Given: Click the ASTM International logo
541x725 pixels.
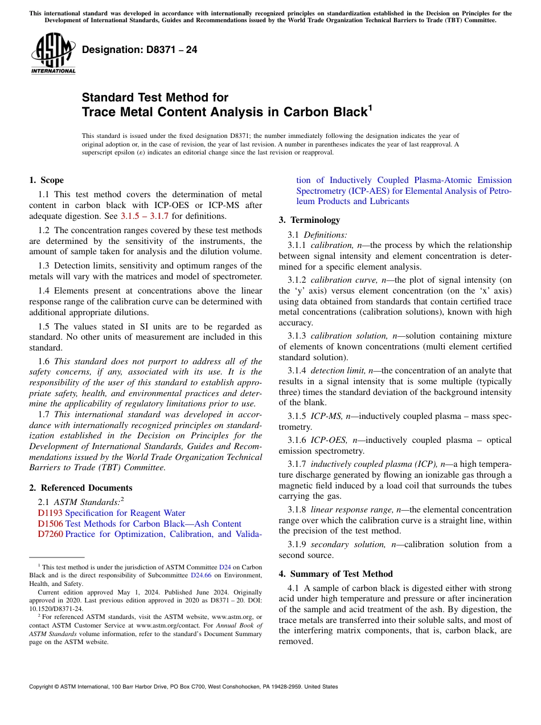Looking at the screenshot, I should tap(53, 54).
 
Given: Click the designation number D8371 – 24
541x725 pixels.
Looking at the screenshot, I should tap(140, 50).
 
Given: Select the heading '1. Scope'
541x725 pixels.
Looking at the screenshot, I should tap(47, 180).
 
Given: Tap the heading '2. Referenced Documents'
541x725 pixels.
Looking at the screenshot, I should tap(81, 488).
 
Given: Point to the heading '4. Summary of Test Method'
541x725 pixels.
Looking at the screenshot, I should tap(335, 574).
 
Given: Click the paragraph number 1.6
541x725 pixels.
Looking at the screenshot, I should tap(44, 361).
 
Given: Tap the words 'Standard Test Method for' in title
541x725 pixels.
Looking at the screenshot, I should tap(155, 97).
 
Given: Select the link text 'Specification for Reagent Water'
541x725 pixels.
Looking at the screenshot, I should tap(125, 513).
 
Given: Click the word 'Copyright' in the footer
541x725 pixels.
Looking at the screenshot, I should tap(43, 687).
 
